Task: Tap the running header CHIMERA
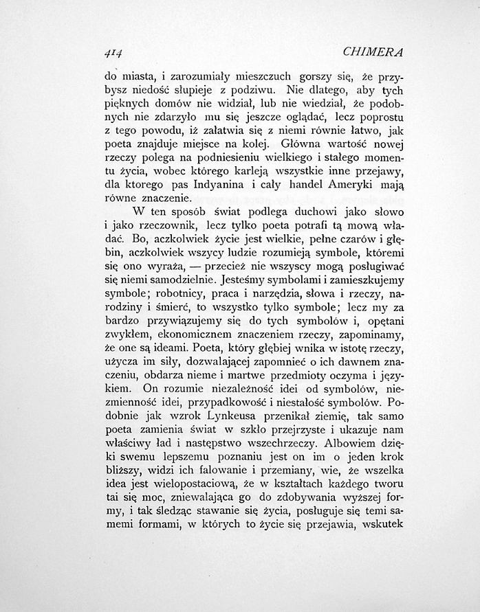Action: (x=375, y=52)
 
